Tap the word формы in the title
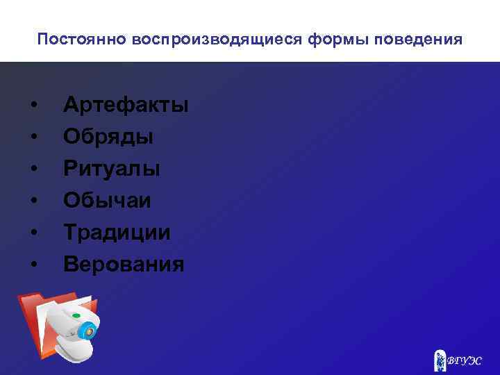tap(294, 40)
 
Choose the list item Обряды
tap(108, 137)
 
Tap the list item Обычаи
tap(107, 201)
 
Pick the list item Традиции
tap(117, 233)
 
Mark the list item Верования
tap(124, 265)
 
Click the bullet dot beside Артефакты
tap(34, 106)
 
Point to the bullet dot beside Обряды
tap(34, 137)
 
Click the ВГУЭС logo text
tap(464, 361)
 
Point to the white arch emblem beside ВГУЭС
tap(440, 360)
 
